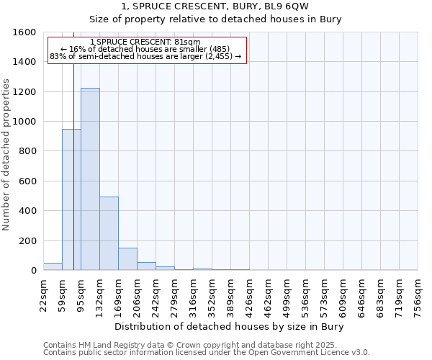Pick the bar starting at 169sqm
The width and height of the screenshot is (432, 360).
127,258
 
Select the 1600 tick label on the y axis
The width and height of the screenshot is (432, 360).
25,32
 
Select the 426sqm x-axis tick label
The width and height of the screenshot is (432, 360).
250,295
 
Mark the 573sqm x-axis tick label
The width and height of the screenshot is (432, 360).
325,295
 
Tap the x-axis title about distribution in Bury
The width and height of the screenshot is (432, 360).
230,327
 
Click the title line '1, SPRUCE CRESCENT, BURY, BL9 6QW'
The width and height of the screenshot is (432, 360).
215,6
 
